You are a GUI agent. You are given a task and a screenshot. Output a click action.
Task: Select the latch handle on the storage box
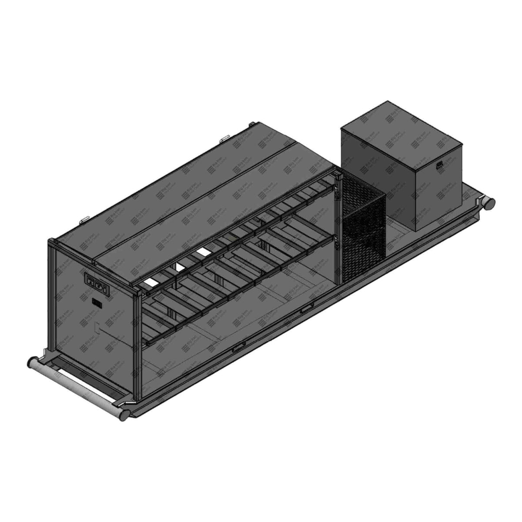(x=440, y=164)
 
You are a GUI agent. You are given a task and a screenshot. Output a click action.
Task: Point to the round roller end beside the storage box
(x=490, y=202)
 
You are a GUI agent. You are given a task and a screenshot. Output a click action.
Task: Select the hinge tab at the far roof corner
(x=251, y=125)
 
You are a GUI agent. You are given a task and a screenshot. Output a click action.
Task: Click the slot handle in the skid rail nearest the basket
(x=306, y=308)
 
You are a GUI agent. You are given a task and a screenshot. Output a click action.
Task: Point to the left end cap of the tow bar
(x=32, y=362)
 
